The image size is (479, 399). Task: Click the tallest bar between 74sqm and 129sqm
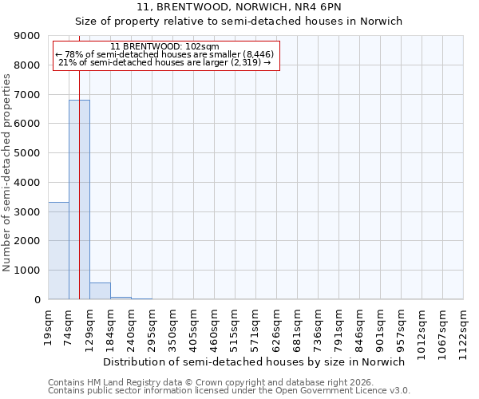(79, 199)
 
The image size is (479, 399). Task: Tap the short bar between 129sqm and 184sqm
(100, 291)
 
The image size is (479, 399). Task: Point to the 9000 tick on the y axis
(30, 36)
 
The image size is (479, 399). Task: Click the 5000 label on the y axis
(30, 153)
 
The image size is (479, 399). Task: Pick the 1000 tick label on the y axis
(30, 271)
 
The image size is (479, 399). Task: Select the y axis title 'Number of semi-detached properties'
(7, 172)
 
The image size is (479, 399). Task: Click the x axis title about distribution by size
(255, 361)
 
